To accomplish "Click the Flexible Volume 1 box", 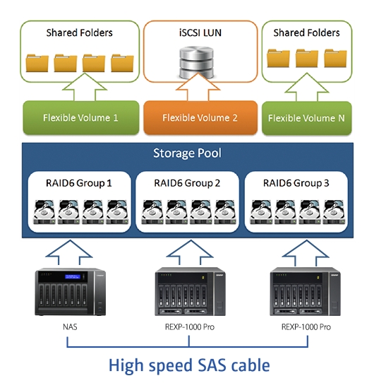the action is [x=80, y=117].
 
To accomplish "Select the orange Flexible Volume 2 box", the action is [x=200, y=117].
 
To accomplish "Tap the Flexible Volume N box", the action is [x=306, y=118].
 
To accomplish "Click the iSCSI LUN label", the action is [x=200, y=33].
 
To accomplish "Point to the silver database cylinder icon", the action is [x=196, y=62].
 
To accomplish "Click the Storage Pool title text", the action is [x=187, y=153].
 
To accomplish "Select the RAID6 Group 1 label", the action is [x=79, y=183].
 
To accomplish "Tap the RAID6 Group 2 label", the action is [x=187, y=183].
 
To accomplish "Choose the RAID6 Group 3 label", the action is [x=296, y=183].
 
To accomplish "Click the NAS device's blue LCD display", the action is [x=73, y=276].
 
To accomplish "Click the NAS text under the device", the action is [x=70, y=327].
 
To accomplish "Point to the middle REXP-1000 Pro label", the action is [x=190, y=327].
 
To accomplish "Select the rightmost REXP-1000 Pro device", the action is [x=305, y=291].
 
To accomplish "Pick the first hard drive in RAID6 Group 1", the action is [x=44, y=212].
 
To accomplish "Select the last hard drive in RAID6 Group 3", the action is [x=334, y=212].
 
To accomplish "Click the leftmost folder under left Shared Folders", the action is [x=37, y=63].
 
